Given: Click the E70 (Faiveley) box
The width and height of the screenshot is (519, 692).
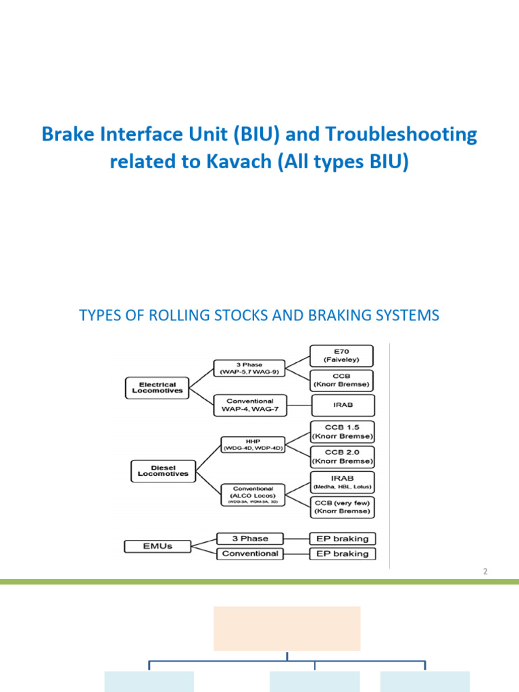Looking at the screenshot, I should coord(342,355).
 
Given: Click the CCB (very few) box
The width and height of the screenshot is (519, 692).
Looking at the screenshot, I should coord(342,507).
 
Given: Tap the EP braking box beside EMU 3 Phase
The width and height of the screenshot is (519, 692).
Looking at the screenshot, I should coord(342,539).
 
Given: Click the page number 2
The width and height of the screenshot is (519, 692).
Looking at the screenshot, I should coord(485,571).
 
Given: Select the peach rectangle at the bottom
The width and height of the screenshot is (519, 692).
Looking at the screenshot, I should coord(287,628).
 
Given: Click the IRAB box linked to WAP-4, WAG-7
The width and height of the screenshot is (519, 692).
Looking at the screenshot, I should coord(342,405).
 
